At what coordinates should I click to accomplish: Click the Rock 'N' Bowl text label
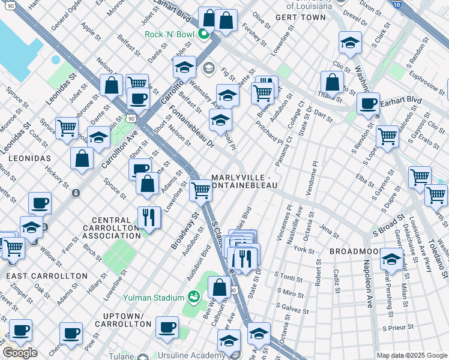(x=171, y=34)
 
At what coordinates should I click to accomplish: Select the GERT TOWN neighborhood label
(x=300, y=17)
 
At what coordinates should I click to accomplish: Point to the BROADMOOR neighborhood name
(x=353, y=249)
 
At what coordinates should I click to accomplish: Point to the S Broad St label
(x=390, y=227)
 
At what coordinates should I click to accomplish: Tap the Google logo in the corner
(x=20, y=353)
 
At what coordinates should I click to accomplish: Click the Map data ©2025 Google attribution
(x=411, y=355)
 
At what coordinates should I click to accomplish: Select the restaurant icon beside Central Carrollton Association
(x=149, y=217)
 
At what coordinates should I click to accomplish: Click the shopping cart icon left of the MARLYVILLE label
(x=200, y=190)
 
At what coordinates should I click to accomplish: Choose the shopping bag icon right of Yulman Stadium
(x=220, y=287)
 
